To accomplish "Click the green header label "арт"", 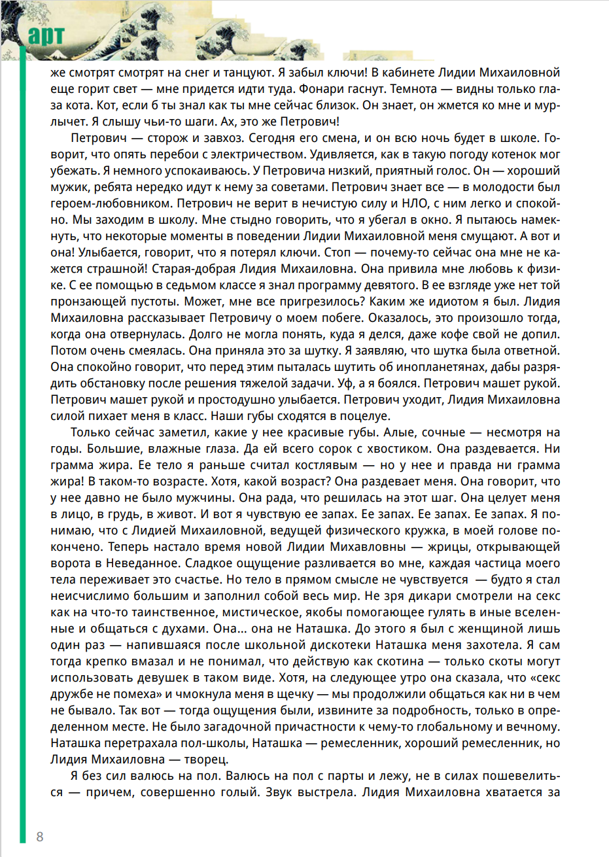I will point(46,36).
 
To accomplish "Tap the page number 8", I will point(40,837).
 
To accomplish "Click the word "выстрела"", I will point(322,792).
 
